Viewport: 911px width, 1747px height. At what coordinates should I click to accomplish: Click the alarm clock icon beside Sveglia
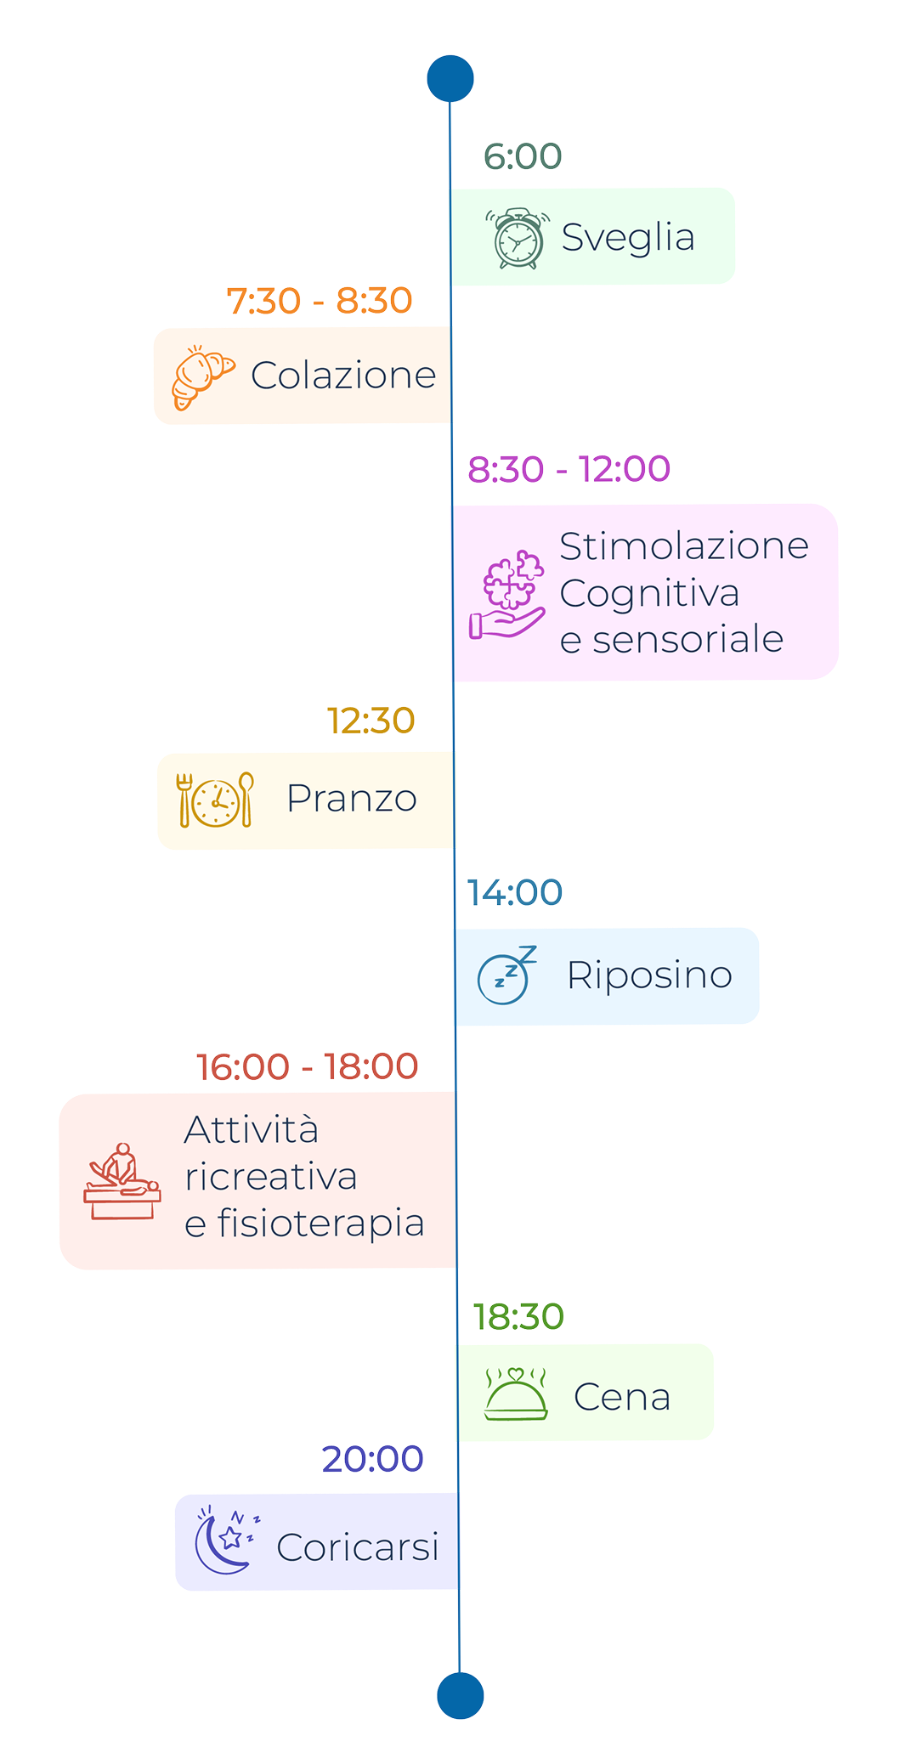(x=518, y=239)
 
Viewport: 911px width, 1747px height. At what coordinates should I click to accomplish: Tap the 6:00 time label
(x=523, y=155)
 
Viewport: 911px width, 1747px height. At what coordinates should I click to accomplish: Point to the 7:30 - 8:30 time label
(x=320, y=301)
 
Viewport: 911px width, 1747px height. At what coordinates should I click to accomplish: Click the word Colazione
(x=343, y=376)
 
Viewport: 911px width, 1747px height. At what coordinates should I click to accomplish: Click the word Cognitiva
(x=649, y=593)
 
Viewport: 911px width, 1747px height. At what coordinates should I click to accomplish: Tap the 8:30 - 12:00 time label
(x=569, y=468)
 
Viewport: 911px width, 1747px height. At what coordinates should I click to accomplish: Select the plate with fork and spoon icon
(x=216, y=800)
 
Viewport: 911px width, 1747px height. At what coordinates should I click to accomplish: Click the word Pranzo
(x=352, y=799)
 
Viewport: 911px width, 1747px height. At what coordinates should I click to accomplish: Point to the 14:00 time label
(x=515, y=892)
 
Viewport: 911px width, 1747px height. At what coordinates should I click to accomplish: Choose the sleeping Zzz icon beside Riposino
(x=506, y=975)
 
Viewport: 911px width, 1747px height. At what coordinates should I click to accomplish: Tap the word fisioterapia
(x=320, y=1224)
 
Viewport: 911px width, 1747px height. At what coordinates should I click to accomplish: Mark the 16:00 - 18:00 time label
(x=307, y=1066)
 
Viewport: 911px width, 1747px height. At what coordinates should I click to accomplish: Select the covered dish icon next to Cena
(x=516, y=1394)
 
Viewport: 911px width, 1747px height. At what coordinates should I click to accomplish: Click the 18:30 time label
(x=518, y=1316)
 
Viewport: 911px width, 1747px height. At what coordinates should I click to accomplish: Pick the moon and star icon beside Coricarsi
(x=225, y=1540)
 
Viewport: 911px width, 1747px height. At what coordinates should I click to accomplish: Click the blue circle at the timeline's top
(x=450, y=78)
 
